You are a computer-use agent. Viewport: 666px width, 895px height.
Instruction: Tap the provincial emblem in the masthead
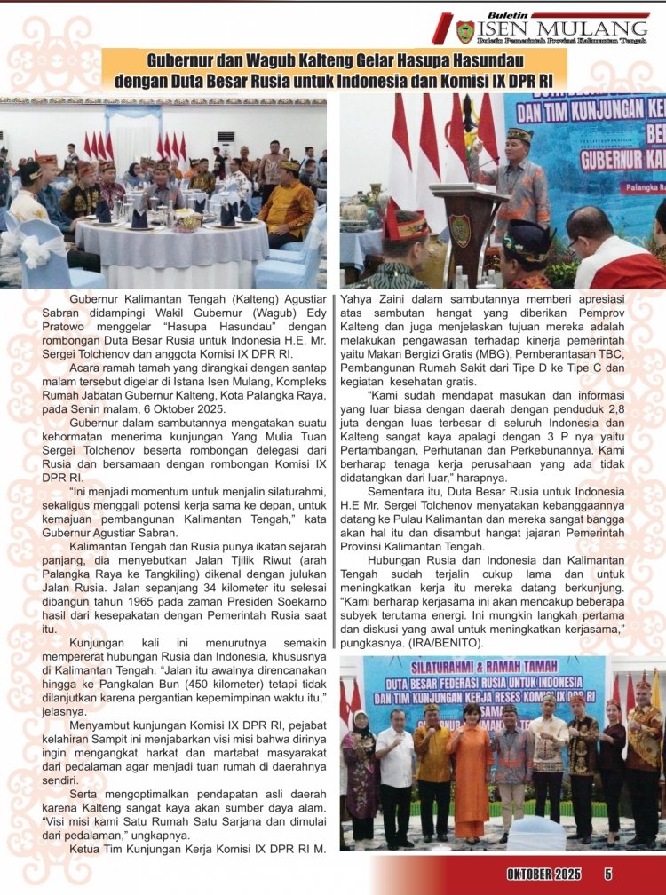465,31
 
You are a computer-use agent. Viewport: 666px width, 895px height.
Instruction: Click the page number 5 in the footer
608,875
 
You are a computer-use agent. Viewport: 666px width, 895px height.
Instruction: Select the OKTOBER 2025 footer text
544,875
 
